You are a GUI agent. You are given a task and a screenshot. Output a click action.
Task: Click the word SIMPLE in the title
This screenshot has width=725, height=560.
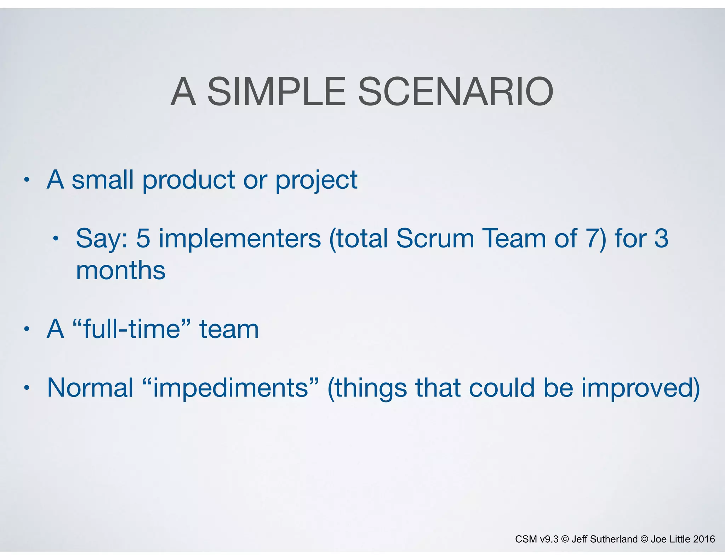coord(276,92)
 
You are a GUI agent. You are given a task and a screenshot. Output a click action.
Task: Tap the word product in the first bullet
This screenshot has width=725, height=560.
coord(188,180)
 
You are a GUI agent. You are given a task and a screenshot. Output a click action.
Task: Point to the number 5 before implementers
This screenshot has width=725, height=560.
coord(143,238)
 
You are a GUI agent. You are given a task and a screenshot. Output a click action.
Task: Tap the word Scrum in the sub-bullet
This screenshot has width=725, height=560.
coord(435,238)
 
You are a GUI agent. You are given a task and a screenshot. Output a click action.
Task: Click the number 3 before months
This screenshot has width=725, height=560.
coord(661,238)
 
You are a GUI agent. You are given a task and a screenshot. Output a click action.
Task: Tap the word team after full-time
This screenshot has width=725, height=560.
coord(229,329)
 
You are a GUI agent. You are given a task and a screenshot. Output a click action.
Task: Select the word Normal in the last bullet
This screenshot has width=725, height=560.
coord(90,388)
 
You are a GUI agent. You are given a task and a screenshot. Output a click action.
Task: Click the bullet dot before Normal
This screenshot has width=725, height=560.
coord(26,388)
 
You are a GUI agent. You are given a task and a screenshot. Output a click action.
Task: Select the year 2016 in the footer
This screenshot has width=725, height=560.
coord(704,539)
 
